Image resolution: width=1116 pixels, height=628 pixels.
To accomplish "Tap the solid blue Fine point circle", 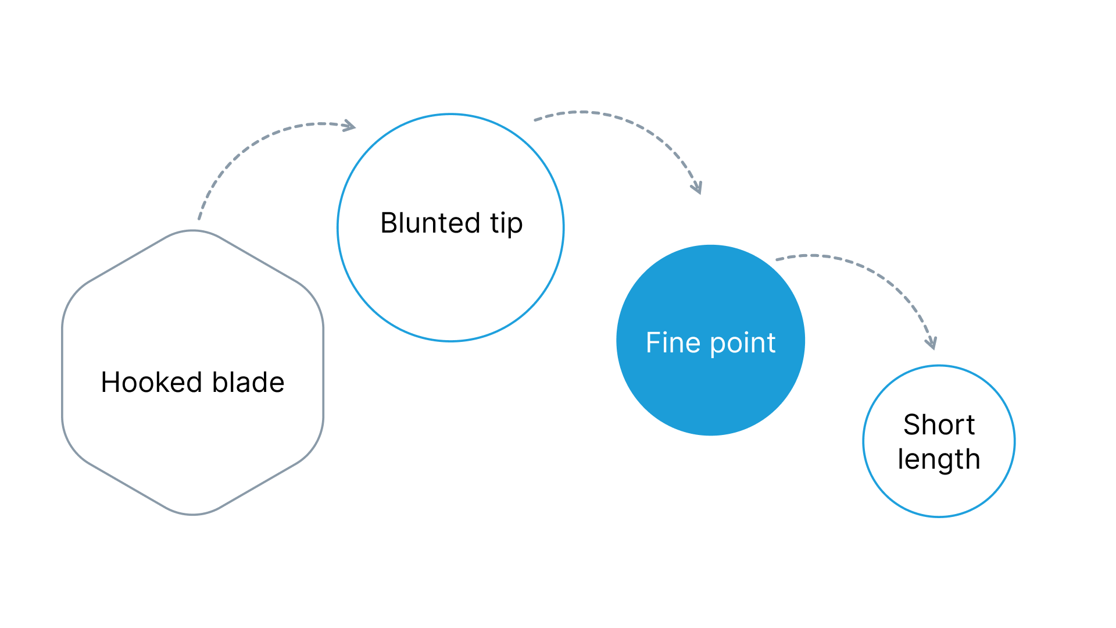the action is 710,340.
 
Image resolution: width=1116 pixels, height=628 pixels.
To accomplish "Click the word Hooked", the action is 152,382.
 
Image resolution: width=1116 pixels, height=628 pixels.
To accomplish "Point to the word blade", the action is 248,382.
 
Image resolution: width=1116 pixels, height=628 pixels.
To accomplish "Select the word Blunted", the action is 430,223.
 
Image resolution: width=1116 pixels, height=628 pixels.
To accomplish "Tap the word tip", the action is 506,224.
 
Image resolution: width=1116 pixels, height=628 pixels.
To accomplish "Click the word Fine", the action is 673,342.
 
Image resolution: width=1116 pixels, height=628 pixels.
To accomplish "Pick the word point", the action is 743,344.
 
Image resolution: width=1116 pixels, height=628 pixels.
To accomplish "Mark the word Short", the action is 939,424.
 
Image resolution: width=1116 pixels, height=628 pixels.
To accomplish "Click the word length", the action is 939,460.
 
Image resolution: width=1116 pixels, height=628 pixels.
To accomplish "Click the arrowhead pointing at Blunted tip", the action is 349,126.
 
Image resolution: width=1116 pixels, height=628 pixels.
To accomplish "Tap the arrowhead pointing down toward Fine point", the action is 696,187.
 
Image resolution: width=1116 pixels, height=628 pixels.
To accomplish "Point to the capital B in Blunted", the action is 388,223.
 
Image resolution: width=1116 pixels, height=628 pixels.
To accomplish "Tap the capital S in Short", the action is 913,424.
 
